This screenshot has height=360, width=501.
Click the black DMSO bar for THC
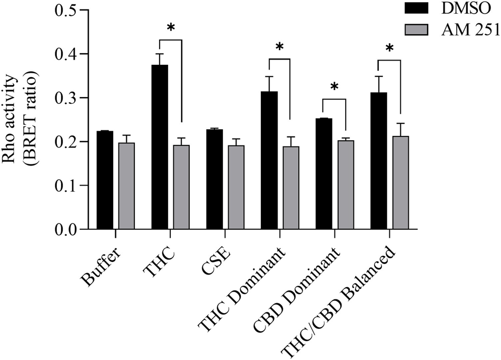[160, 147]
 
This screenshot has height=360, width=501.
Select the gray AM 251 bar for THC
[181, 187]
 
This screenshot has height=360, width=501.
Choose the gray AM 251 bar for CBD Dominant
[346, 185]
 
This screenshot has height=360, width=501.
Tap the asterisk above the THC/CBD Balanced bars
[390, 49]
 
